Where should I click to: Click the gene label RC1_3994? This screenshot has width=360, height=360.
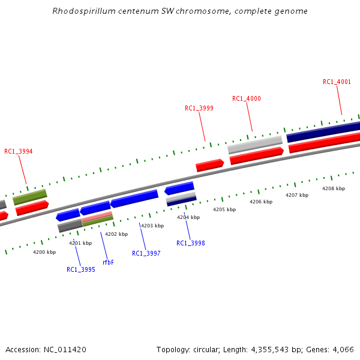tap(19, 152)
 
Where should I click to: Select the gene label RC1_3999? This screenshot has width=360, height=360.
tap(199, 108)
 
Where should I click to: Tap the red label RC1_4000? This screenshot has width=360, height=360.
tap(247, 98)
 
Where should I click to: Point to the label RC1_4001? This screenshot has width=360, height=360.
tap(337, 82)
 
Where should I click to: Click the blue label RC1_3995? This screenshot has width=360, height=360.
tap(81, 269)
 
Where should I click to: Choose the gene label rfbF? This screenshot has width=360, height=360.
tap(108, 262)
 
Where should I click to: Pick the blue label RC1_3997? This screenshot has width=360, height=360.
tap(146, 253)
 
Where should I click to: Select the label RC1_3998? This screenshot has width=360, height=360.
tap(191, 243)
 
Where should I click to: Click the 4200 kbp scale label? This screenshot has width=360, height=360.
tap(44, 252)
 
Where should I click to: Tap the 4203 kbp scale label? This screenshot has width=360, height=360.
tap(152, 226)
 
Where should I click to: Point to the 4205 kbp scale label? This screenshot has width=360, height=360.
tap(224, 209)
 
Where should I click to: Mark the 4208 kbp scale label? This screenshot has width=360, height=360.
tap(334, 188)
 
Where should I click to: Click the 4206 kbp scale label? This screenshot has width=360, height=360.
tap(261, 202)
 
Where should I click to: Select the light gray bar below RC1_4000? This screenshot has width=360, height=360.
tap(255, 144)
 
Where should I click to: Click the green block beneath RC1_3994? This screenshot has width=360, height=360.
tap(30, 196)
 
